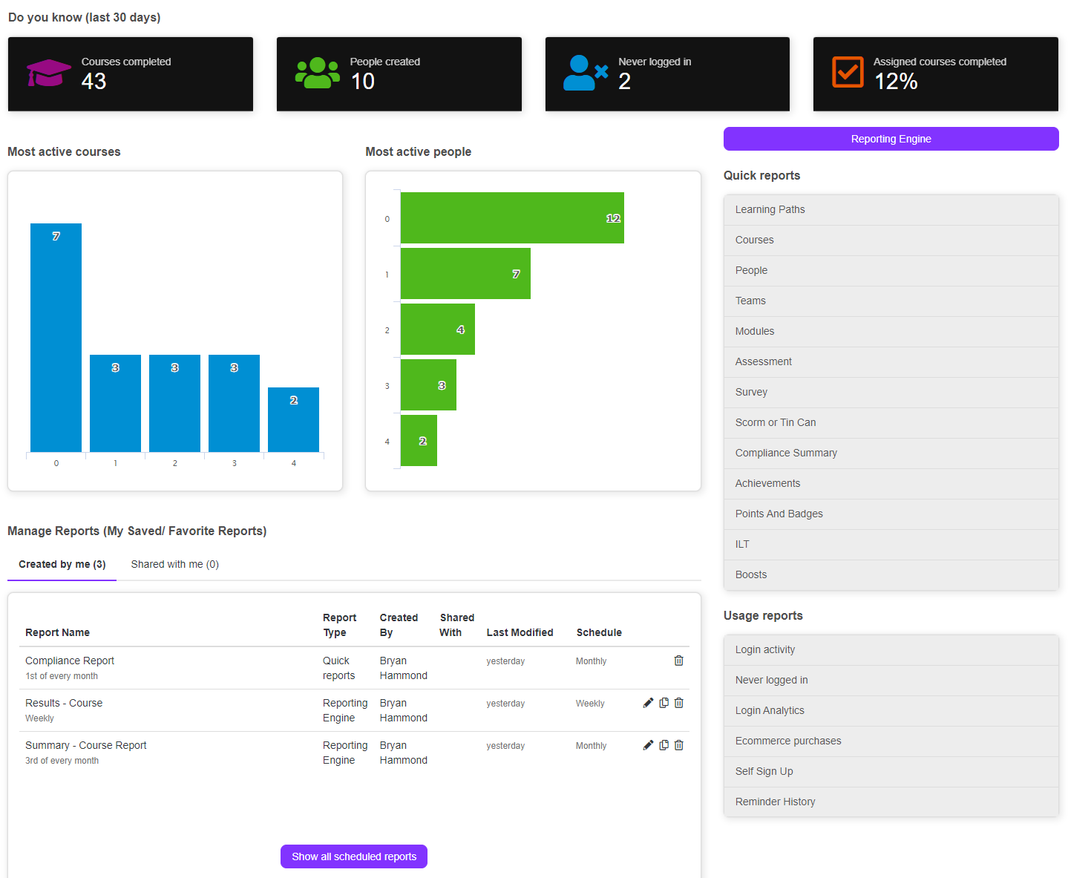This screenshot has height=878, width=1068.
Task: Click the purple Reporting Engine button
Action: click(x=891, y=139)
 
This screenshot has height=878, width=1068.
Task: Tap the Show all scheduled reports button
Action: click(x=354, y=856)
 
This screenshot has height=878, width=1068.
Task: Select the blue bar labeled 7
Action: click(x=56, y=338)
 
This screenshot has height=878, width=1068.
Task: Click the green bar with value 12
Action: click(x=512, y=218)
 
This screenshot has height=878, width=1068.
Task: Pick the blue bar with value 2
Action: click(x=293, y=419)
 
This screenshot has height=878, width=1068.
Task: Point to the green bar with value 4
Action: click(x=437, y=330)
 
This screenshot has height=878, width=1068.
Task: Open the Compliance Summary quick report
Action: click(x=786, y=453)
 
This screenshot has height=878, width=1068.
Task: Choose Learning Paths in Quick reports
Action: click(x=770, y=209)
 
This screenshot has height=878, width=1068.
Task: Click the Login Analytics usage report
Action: click(x=770, y=710)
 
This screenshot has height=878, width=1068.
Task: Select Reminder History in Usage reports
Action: click(x=775, y=802)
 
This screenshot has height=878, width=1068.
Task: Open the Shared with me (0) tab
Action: click(x=174, y=564)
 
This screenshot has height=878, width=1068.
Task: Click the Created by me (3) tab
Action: click(x=62, y=564)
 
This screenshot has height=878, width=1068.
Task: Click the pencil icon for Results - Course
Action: click(x=648, y=703)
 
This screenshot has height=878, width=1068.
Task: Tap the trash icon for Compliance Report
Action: click(x=678, y=661)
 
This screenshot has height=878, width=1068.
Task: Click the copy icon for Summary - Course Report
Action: click(x=664, y=745)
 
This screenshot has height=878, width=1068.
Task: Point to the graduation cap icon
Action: click(x=49, y=73)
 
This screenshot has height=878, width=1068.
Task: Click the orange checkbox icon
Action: click(x=848, y=72)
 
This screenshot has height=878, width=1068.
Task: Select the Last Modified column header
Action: click(x=520, y=632)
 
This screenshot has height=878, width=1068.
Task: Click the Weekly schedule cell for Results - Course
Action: click(x=590, y=704)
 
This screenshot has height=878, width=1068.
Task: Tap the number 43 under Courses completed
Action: click(x=94, y=82)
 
